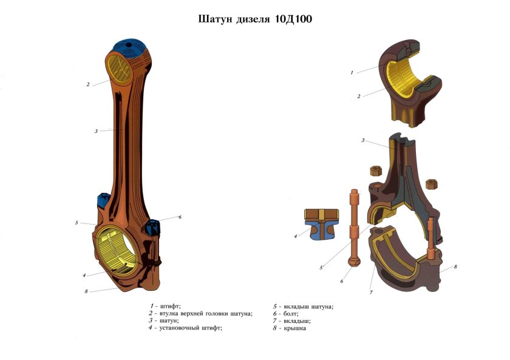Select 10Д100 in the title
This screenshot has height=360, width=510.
click(x=293, y=19)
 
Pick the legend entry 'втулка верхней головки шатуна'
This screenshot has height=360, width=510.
click(x=200, y=314)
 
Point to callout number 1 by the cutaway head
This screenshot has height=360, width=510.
click(x=352, y=73)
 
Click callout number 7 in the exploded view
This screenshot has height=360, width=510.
click(x=371, y=293)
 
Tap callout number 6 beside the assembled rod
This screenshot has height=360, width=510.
click(x=180, y=217)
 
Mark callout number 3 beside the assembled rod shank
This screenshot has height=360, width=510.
click(x=96, y=131)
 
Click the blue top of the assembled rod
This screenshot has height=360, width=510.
click(x=132, y=49)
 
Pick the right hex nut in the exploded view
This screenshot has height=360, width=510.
click(x=432, y=183)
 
